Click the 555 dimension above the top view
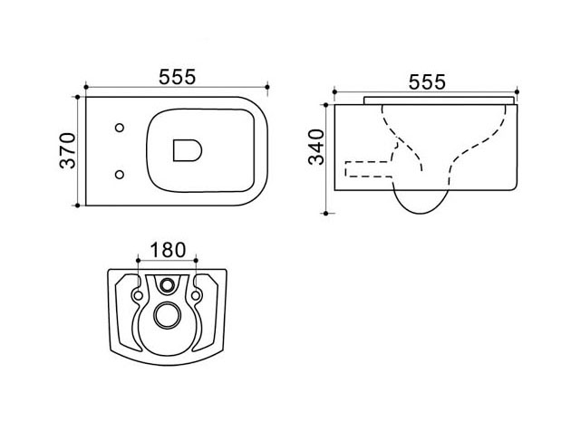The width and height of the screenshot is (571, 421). [178, 77]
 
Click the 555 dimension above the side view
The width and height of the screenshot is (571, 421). [427, 81]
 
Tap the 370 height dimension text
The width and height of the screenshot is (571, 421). [67, 150]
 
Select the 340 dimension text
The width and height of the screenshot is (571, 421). [316, 147]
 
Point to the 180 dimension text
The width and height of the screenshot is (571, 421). [168, 250]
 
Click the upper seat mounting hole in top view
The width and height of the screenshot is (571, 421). [120, 128]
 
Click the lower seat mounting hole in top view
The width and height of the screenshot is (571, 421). [120, 175]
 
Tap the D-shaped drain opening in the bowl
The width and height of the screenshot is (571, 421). [188, 150]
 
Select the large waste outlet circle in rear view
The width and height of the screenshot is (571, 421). [167, 315]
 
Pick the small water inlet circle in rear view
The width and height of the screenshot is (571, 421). [168, 285]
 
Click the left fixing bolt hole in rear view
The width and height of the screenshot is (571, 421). [138, 295]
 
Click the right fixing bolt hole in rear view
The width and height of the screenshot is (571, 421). [196, 295]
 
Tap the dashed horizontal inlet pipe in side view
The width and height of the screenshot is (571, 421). [368, 169]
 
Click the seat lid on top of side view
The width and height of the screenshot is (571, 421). [440, 100]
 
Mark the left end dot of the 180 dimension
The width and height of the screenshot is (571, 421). [138, 260]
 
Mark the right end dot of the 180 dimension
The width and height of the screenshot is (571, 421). [196, 260]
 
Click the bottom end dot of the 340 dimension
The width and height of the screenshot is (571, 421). [326, 214]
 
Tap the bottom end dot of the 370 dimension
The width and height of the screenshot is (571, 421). [78, 206]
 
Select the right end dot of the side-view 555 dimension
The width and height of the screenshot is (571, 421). [518, 91]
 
